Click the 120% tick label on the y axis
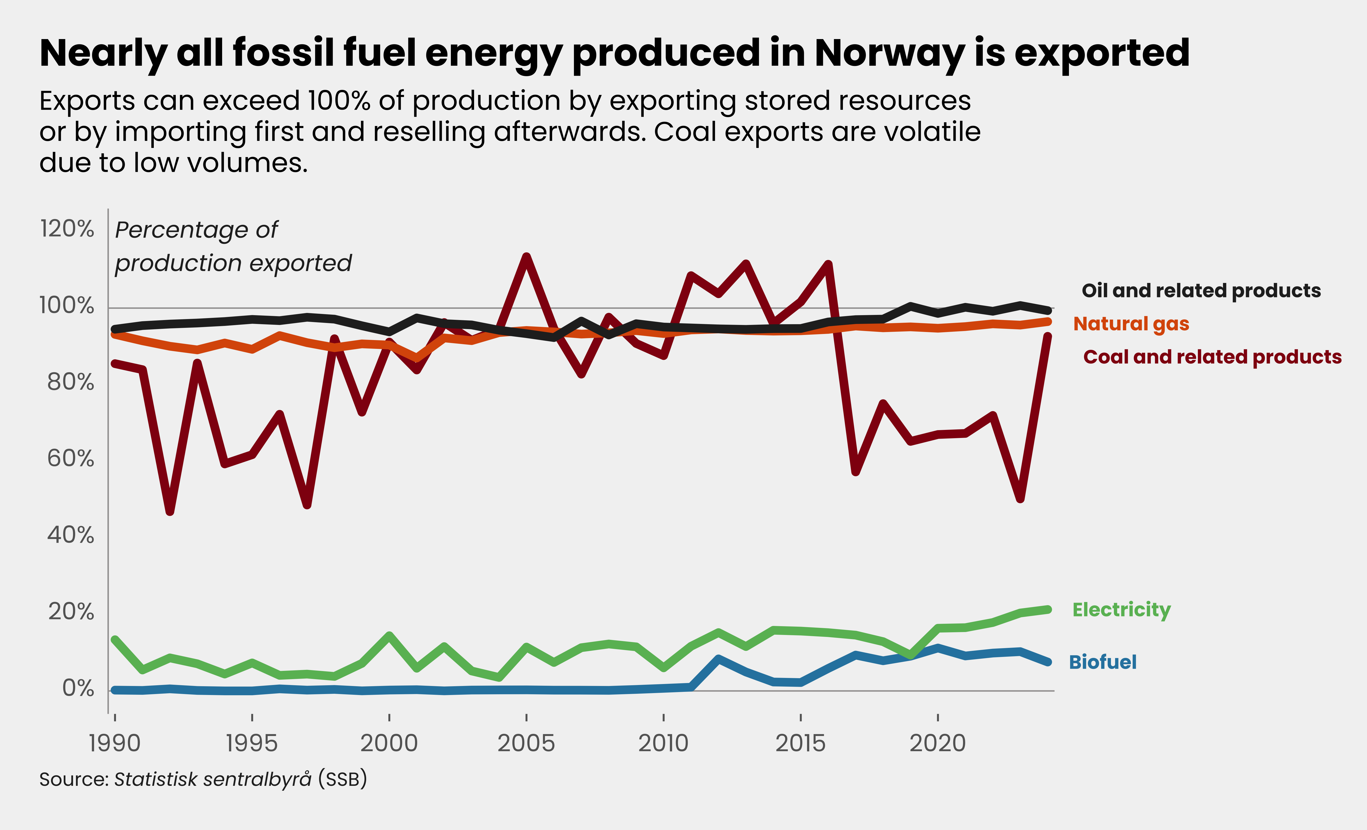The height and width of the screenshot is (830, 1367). [67, 228]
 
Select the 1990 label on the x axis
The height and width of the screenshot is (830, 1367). [115, 743]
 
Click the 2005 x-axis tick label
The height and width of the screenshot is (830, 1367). [526, 743]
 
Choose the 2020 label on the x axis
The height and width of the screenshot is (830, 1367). [938, 743]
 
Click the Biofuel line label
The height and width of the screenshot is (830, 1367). [1102, 662]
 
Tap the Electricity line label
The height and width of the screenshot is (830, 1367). [1121, 610]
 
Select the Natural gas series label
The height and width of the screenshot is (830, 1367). [1131, 323]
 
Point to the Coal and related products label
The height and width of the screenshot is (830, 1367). [1212, 357]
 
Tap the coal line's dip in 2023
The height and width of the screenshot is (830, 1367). [1020, 498]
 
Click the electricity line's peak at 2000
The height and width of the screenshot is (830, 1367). [389, 635]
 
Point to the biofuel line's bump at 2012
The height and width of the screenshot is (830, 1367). [718, 659]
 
